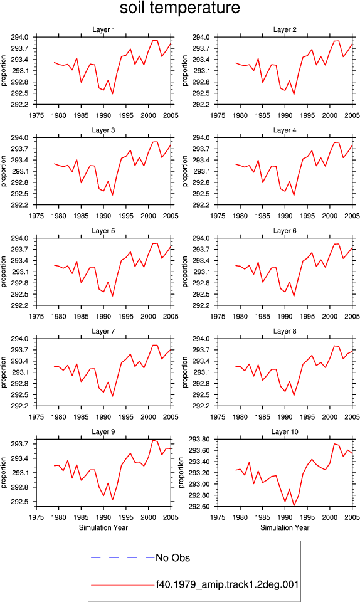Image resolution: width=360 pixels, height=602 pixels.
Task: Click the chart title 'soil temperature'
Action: tap(180, 8)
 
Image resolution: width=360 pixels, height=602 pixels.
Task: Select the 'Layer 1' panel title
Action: tap(103, 29)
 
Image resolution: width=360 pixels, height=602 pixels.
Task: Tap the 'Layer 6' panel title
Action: tap(285, 231)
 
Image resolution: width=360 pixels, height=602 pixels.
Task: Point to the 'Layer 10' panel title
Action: tap(285, 432)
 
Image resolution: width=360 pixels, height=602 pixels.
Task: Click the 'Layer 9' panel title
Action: tap(103, 432)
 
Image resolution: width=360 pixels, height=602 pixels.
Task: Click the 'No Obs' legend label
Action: tap(172, 558)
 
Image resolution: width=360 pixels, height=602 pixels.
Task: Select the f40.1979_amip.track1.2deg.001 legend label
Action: tap(227, 584)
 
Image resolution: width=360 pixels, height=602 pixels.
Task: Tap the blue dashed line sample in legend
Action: tap(123, 557)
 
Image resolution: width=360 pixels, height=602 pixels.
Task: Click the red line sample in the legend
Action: tap(123, 585)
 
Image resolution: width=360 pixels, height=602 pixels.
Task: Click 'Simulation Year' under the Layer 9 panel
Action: tap(103, 527)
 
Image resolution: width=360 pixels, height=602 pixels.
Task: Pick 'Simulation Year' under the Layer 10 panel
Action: tap(285, 527)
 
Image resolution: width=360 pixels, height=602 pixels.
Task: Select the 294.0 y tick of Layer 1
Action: tap(19, 37)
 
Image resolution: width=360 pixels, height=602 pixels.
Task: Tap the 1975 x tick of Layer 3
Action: tap(36, 216)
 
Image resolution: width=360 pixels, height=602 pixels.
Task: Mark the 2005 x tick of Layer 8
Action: tap(352, 417)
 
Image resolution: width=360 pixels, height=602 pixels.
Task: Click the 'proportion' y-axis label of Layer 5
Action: tap(4, 272)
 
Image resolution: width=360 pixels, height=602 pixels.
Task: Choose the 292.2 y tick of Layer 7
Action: tap(19, 406)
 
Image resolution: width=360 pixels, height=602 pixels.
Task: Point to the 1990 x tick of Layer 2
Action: tap(285, 115)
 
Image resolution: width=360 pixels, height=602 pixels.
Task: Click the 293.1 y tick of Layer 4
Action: tap(201, 171)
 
